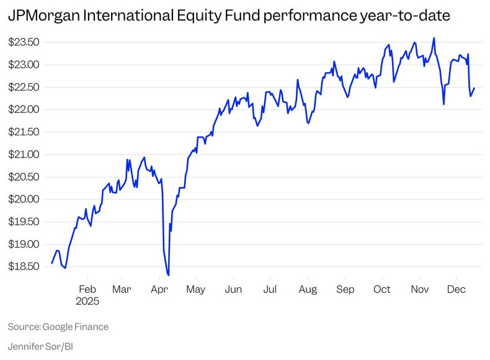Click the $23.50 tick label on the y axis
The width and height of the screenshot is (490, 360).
pos(23,42)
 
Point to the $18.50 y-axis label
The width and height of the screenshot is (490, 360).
pos(23,266)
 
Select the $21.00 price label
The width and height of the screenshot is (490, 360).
pos(23,155)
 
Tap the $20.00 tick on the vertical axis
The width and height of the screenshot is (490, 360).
pos(23,199)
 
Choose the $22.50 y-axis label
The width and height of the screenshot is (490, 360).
pos(23,87)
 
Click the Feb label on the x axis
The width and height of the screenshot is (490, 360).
pos(87,289)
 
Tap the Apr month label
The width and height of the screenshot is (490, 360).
pos(160,289)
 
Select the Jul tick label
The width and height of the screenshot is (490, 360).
pos(270,289)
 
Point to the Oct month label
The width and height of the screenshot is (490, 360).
pos(382,289)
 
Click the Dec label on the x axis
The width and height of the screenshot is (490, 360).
pos(457,289)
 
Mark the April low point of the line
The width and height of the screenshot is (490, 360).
pos(169,275)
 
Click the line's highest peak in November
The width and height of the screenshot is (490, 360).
pos(434,38)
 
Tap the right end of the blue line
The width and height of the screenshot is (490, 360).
pos(474,88)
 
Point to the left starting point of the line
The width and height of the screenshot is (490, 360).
pos(51,263)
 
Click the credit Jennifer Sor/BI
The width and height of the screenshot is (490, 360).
pos(45,345)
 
